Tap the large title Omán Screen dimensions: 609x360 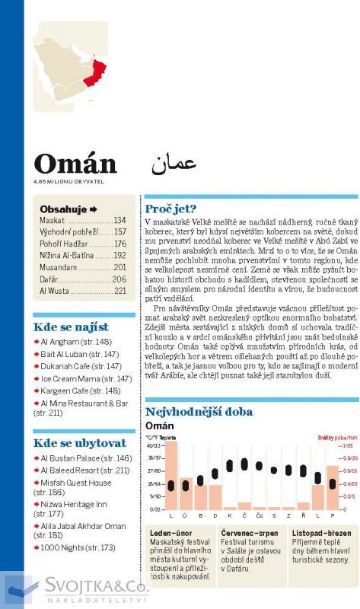tap(75, 164)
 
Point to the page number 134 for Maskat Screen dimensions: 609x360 tap(119, 220)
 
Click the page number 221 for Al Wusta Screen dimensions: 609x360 tap(119, 291)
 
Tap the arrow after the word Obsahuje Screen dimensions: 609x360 tap(94, 209)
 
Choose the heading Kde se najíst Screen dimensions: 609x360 tap(71, 327)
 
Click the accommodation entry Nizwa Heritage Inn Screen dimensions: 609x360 tap(73, 504)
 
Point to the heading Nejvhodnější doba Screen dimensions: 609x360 tap(199, 412)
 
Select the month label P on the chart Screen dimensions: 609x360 tap(332, 515)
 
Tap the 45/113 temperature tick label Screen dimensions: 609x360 tap(155, 445)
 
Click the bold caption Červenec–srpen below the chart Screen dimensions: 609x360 tap(249, 533)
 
